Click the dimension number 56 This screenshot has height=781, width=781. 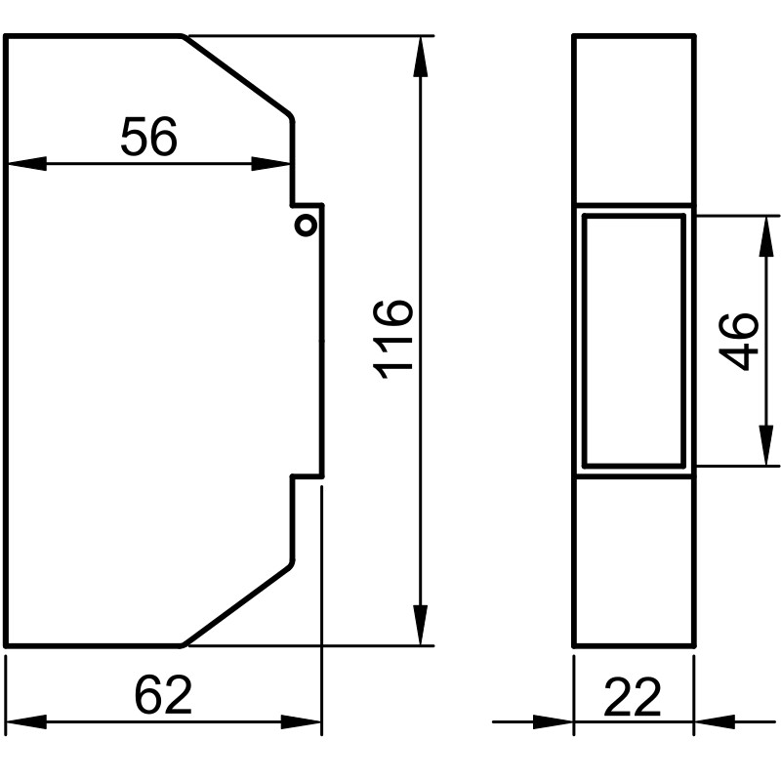pyautogui.click(x=149, y=136)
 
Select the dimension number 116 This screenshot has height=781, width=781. pyautogui.click(x=393, y=340)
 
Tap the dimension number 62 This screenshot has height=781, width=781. pyautogui.click(x=163, y=695)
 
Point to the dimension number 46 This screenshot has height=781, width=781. pyautogui.click(x=739, y=341)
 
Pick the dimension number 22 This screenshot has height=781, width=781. pyautogui.click(x=633, y=697)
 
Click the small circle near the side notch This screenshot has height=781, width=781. pyautogui.click(x=306, y=226)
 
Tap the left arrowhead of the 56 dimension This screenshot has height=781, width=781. pyautogui.click(x=26, y=163)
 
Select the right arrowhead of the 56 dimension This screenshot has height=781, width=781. pyautogui.click(x=270, y=163)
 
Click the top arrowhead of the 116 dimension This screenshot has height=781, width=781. pyautogui.click(x=421, y=57)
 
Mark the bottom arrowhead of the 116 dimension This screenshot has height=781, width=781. pyautogui.click(x=421, y=625)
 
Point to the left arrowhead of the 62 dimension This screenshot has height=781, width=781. pyautogui.click(x=26, y=721)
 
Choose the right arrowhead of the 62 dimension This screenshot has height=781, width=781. pyautogui.click(x=302, y=721)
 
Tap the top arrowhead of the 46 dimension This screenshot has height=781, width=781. pyautogui.click(x=766, y=236)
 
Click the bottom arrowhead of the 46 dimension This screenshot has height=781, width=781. pyautogui.click(x=766, y=446)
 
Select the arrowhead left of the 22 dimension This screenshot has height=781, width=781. pyautogui.click(x=554, y=721)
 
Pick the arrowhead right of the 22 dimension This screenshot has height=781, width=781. pyautogui.click(x=715, y=721)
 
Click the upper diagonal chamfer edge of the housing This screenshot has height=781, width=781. pyautogui.click(x=236, y=76)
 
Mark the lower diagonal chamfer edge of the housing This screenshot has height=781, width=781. pyautogui.click(x=236, y=604)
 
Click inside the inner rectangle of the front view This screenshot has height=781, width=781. pyautogui.click(x=634, y=341)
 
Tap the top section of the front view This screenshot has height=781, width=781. pyautogui.click(x=634, y=119)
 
